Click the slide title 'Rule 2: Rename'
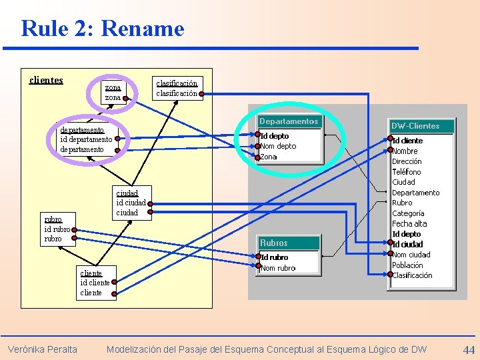(x=102, y=29)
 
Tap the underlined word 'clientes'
(x=46, y=81)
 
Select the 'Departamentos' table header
(x=289, y=121)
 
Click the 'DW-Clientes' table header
(x=415, y=126)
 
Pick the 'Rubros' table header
(x=274, y=243)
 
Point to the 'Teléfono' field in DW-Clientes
(x=407, y=172)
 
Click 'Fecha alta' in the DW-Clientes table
(x=409, y=224)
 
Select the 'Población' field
(x=407, y=265)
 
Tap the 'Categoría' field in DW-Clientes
(x=408, y=213)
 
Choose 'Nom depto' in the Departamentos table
(x=278, y=147)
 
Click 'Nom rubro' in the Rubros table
(x=278, y=268)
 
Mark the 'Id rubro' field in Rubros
(x=275, y=257)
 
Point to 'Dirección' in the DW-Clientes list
(x=407, y=161)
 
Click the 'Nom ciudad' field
(x=411, y=255)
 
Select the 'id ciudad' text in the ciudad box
(x=131, y=203)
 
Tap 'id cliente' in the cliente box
(x=95, y=283)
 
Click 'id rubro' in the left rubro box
(x=57, y=229)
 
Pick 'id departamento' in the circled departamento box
(x=86, y=139)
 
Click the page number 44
(x=469, y=349)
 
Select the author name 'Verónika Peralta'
(x=42, y=349)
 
